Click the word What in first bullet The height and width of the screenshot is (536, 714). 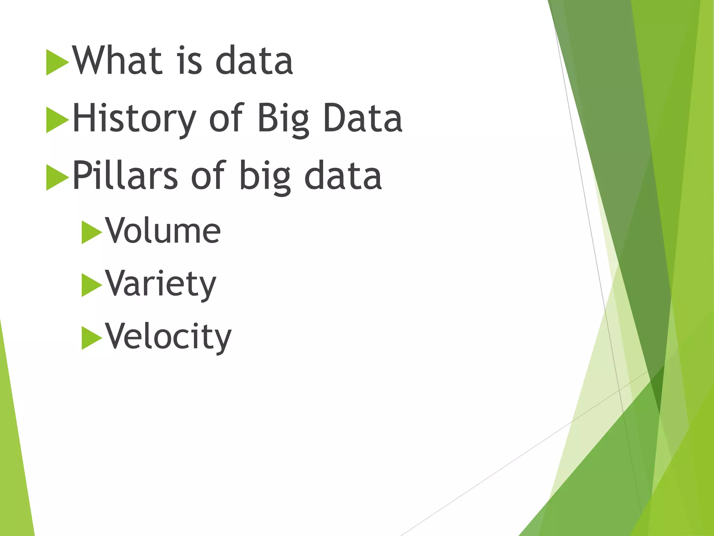pyautogui.click(x=117, y=61)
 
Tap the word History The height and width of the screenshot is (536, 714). pyautogui.click(x=134, y=119)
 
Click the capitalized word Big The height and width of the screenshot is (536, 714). pyautogui.click(x=283, y=119)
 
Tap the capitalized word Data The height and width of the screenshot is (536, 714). pyautogui.click(x=363, y=119)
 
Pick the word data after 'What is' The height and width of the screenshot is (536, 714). pyautogui.click(x=254, y=61)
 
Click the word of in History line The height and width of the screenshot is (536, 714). pyautogui.click(x=226, y=119)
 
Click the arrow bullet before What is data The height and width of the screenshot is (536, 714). pyautogui.click(x=56, y=62)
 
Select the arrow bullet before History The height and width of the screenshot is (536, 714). pyautogui.click(x=56, y=120)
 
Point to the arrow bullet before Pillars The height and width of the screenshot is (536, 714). pyautogui.click(x=56, y=177)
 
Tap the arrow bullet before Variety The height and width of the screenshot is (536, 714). pyautogui.click(x=91, y=285)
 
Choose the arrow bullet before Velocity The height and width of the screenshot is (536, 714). pyautogui.click(x=91, y=338)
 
